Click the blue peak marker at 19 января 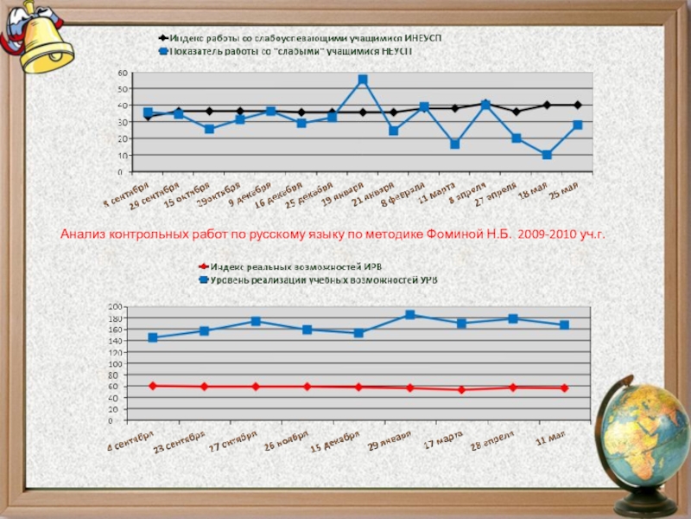[363, 80]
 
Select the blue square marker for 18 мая [547, 155]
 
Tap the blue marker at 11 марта [455, 144]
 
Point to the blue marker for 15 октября [209, 129]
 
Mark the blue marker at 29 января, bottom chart [410, 315]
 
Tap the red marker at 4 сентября [153, 385]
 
